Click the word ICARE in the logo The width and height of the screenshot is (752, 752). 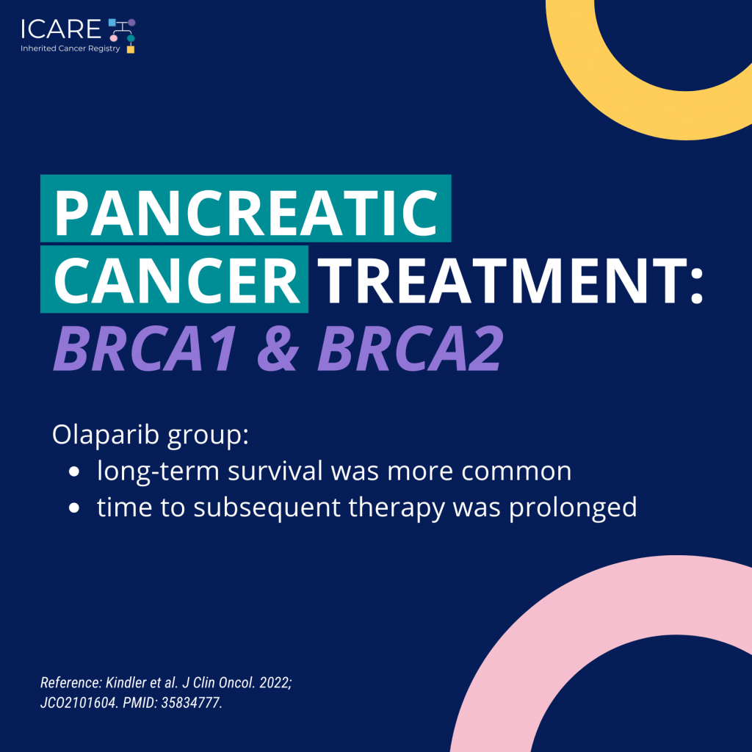(x=61, y=29)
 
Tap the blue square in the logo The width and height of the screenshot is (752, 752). (x=112, y=22)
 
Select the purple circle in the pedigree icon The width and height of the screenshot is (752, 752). (x=131, y=23)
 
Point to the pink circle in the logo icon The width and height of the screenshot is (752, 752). (x=114, y=38)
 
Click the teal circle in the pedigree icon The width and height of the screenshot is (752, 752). (x=131, y=38)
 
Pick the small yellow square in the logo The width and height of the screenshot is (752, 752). (x=131, y=49)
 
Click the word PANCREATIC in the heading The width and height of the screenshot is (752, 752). (x=246, y=212)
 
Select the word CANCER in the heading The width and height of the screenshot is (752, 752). (x=177, y=281)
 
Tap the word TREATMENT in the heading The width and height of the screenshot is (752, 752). (x=510, y=281)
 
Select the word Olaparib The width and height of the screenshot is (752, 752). (x=106, y=435)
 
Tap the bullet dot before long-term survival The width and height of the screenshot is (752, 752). (x=74, y=471)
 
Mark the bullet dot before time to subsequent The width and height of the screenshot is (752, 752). (x=74, y=508)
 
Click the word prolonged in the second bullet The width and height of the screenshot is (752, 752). (x=573, y=508)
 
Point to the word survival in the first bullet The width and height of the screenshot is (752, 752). (x=275, y=471)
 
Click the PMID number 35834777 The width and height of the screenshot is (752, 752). (x=192, y=703)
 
